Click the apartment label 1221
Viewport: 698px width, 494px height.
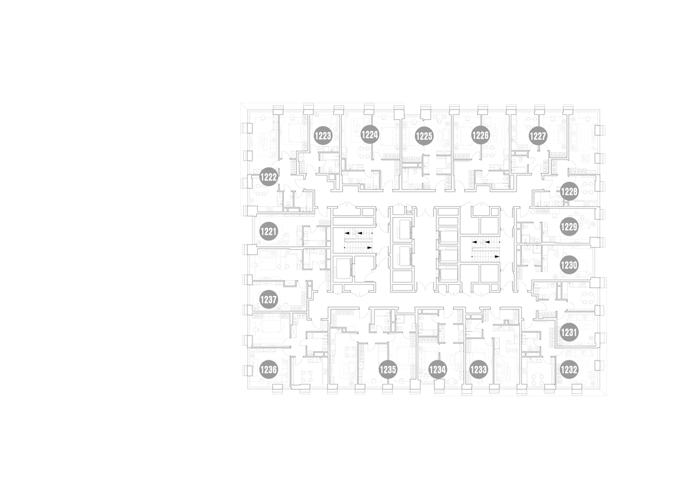pos(269,231)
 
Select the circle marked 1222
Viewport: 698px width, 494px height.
pos(269,177)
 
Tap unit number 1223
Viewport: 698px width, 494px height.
pos(322,136)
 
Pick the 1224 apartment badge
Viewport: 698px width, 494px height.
pos(370,135)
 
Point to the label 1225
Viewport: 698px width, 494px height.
pos(425,136)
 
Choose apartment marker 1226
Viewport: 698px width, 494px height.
pos(480,135)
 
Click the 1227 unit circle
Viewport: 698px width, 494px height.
pos(538,136)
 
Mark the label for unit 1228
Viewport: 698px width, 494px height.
pos(569,191)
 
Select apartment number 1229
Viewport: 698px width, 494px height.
pos(569,226)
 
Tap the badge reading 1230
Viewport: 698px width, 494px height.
pos(569,265)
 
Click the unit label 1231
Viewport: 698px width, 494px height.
pos(569,333)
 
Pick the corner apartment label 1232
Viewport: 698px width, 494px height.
pos(569,369)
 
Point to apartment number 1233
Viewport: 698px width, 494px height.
pos(478,369)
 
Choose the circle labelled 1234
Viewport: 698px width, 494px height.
pos(437,369)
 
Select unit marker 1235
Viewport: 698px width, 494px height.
pos(388,369)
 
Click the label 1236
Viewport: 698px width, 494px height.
pos(269,369)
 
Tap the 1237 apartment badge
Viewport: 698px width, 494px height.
pos(269,299)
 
